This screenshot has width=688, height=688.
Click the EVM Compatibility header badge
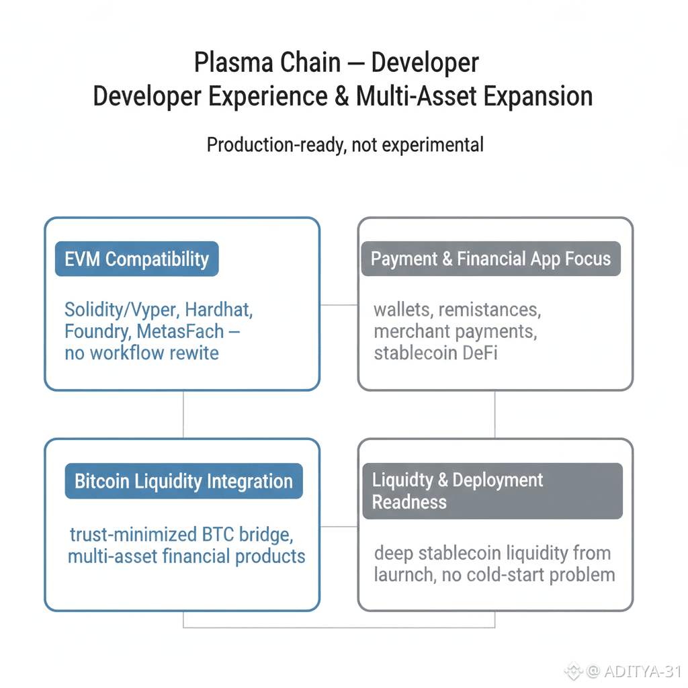[136, 259]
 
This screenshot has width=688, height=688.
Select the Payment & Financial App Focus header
[490, 259]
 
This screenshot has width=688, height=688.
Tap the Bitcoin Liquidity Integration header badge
[183, 482]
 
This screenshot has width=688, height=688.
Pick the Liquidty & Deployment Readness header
[492, 491]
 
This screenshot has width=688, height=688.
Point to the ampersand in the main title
[342, 96]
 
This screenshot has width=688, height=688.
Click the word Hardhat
[219, 310]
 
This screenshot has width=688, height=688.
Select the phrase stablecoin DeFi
[435, 353]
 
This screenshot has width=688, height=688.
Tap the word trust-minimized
[132, 535]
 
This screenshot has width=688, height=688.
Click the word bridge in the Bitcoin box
[260, 535]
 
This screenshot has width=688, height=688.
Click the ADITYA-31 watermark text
[642, 671]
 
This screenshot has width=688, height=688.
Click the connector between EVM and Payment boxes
[339, 304]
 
